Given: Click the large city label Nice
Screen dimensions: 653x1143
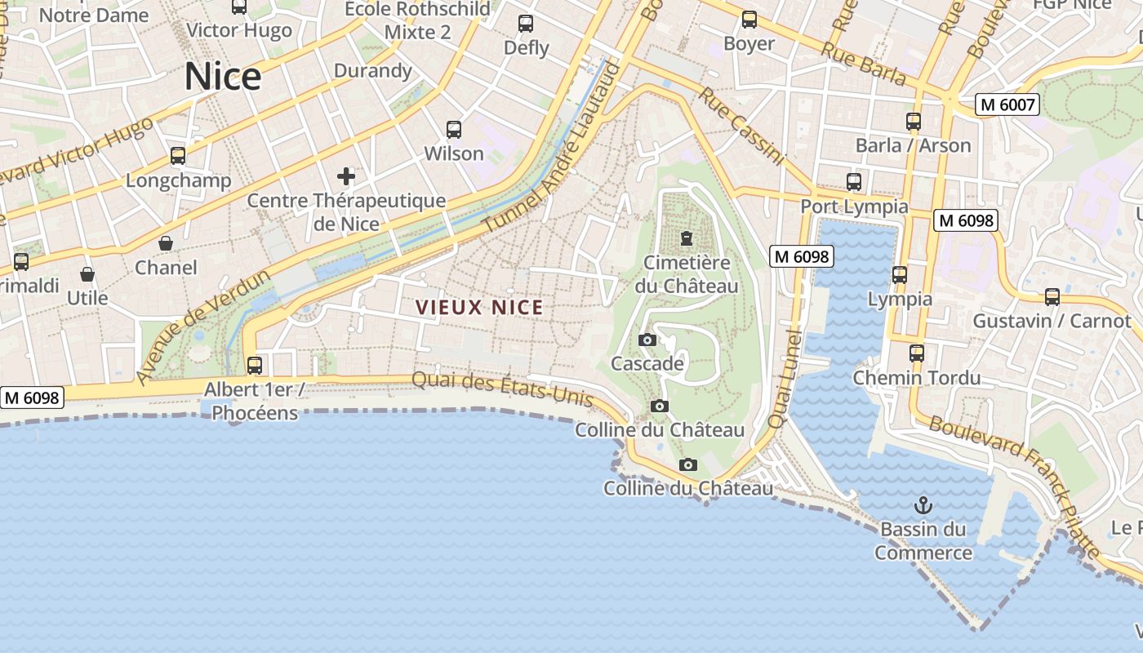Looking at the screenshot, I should click(x=222, y=77).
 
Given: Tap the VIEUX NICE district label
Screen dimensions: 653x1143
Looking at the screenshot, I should click(x=479, y=308).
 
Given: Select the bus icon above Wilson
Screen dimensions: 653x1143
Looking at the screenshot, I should click(x=454, y=129).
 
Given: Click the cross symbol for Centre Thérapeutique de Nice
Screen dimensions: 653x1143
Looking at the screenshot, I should click(x=346, y=175).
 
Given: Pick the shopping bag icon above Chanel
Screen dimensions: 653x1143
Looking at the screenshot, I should click(x=166, y=243).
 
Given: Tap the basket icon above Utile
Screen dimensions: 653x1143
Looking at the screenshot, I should click(x=87, y=274).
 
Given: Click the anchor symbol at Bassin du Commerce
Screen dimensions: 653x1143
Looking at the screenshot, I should click(x=923, y=504).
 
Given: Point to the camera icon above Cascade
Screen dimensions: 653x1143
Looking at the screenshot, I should click(x=647, y=340).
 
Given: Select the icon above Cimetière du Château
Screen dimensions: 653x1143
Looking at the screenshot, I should click(x=687, y=238).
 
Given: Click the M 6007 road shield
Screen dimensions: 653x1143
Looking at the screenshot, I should click(x=1007, y=104).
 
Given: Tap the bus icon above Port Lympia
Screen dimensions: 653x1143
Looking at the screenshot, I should click(x=854, y=182).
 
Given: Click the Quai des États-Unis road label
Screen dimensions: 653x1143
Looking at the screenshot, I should click(x=502, y=389).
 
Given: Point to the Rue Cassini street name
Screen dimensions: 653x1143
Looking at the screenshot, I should click(x=741, y=126).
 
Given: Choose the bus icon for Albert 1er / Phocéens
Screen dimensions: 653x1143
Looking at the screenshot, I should click(x=255, y=365).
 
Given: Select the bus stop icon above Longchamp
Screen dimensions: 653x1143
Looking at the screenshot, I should click(x=178, y=156).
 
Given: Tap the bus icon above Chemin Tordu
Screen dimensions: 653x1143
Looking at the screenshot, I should click(x=917, y=353).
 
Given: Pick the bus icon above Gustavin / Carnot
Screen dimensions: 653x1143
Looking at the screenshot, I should click(x=1052, y=296).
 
